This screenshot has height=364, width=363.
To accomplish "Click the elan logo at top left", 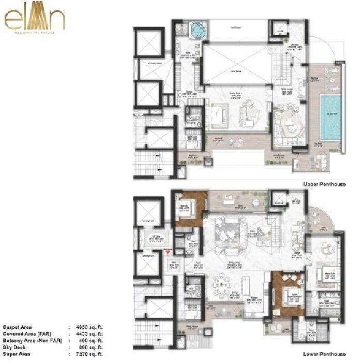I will click(x=35, y=20).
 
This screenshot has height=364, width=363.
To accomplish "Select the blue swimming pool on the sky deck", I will click(x=330, y=117).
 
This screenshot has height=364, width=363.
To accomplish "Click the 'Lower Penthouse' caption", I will click(x=324, y=355).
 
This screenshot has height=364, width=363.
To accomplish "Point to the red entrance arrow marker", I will click(x=167, y=252).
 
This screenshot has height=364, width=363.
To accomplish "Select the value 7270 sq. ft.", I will click(x=89, y=355).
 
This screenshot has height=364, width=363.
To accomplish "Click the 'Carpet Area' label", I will click(x=17, y=327).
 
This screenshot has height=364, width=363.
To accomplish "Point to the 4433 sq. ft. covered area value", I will click(x=89, y=334).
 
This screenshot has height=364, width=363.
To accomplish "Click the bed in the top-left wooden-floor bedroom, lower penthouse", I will click(x=186, y=210).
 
